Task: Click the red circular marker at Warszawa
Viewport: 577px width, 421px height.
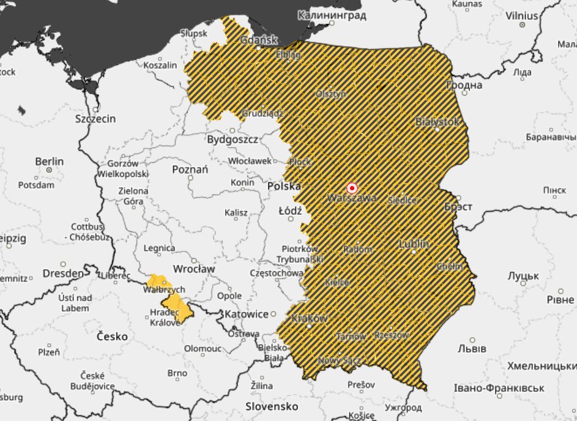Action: [352, 188]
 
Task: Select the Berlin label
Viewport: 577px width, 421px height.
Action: [49, 161]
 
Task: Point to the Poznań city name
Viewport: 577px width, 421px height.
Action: [190, 170]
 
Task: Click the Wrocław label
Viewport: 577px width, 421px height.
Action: [194, 268]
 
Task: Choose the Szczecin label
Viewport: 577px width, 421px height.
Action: [95, 119]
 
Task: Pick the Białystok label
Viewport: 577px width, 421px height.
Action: [437, 122]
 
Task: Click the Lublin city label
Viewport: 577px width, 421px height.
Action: [414, 244]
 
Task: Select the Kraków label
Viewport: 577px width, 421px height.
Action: [310, 318]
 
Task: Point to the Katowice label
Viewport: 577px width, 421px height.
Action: [247, 314]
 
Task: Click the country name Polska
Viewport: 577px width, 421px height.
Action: [284, 185]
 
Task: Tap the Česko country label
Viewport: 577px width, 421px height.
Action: [113, 336]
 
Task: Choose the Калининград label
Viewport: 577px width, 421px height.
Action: [332, 15]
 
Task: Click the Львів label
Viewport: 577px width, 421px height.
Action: [472, 348]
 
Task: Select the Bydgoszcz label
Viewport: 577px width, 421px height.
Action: [233, 139]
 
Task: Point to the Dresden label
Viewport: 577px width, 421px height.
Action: [63, 273]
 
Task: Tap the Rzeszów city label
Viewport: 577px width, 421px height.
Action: [391, 335]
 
